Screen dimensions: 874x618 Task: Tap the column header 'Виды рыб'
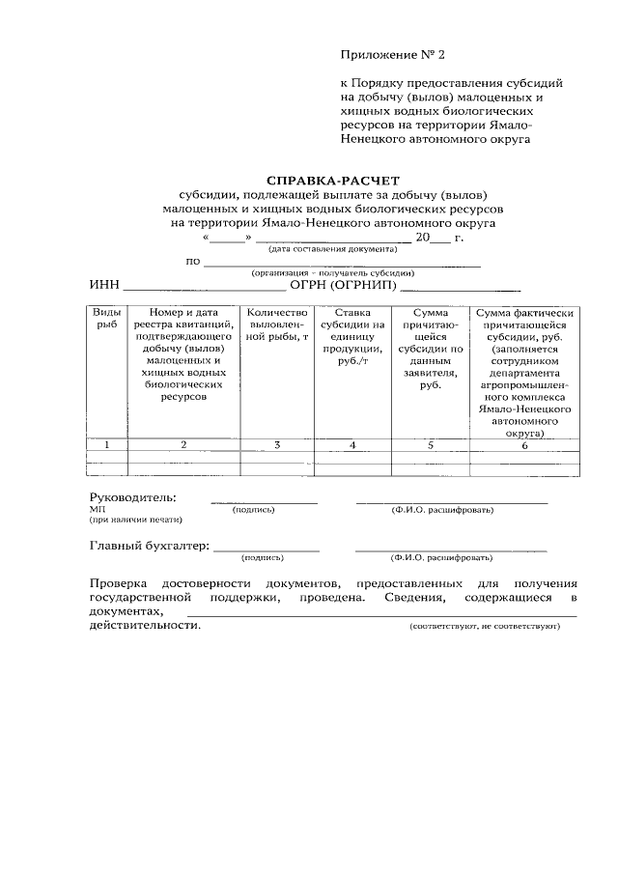pos(106,319)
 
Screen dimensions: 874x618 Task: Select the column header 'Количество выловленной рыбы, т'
pos(277,325)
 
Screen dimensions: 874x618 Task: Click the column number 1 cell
pos(106,444)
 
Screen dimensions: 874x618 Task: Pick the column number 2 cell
pos(183,444)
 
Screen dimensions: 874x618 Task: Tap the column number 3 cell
pos(277,444)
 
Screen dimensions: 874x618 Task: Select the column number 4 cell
pos(352,444)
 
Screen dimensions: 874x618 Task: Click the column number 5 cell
pos(430,444)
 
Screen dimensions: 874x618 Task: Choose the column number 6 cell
pos(525,444)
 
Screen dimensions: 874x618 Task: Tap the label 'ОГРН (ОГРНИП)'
pos(344,286)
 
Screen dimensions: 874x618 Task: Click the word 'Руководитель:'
pos(133,496)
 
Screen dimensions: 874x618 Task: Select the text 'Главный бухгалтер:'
pos(149,546)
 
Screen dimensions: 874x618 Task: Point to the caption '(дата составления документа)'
pos(329,248)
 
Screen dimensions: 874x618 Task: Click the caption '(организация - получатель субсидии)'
pos(332,272)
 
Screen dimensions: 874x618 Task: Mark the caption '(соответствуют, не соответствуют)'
pos(485,626)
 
